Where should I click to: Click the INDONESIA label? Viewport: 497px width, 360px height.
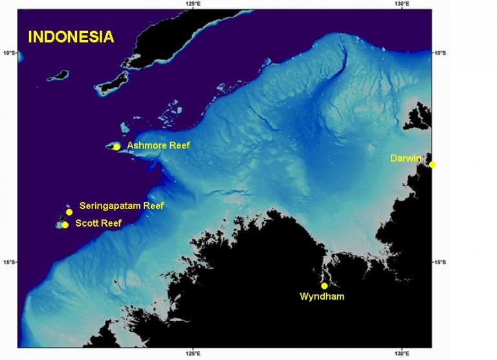(71, 37)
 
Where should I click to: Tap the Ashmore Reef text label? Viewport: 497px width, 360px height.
(159, 146)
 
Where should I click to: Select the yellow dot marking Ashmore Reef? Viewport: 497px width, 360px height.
(116, 147)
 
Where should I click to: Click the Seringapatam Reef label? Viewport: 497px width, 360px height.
(122, 207)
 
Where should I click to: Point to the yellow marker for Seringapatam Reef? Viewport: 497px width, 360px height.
(69, 212)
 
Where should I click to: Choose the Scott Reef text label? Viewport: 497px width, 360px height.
(98, 223)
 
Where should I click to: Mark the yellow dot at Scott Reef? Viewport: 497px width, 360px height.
(65, 225)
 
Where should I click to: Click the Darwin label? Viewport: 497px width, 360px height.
(406, 158)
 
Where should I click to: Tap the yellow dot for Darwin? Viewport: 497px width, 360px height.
(432, 164)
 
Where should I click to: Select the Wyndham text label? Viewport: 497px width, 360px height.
(322, 297)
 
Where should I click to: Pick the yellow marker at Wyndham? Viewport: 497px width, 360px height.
(324, 286)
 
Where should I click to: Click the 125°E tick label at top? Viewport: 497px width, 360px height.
(192, 4)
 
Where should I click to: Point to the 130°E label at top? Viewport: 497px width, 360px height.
(401, 4)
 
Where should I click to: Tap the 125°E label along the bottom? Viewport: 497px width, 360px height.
(192, 354)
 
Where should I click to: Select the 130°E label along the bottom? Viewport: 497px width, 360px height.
(401, 354)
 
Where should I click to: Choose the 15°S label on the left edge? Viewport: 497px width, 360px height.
(10, 263)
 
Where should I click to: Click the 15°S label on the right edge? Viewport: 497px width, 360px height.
(439, 263)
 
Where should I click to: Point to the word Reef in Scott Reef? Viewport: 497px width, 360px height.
(110, 223)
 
